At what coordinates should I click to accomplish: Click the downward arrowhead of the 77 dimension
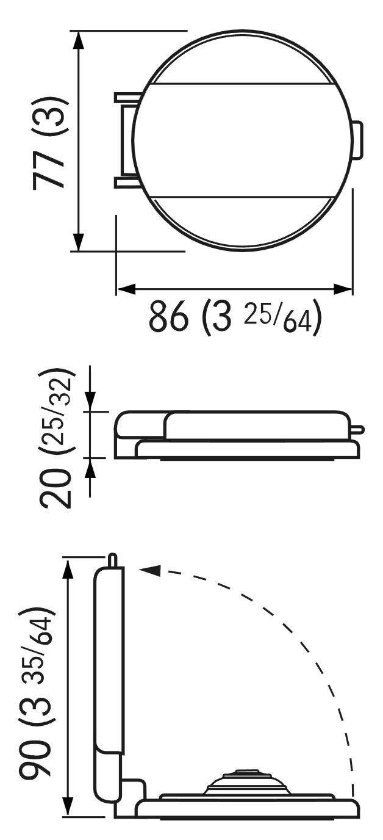(78, 242)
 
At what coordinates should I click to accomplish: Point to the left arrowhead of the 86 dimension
(126, 289)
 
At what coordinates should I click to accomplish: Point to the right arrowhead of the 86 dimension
(343, 289)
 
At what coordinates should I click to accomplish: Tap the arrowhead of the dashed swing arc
(150, 570)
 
